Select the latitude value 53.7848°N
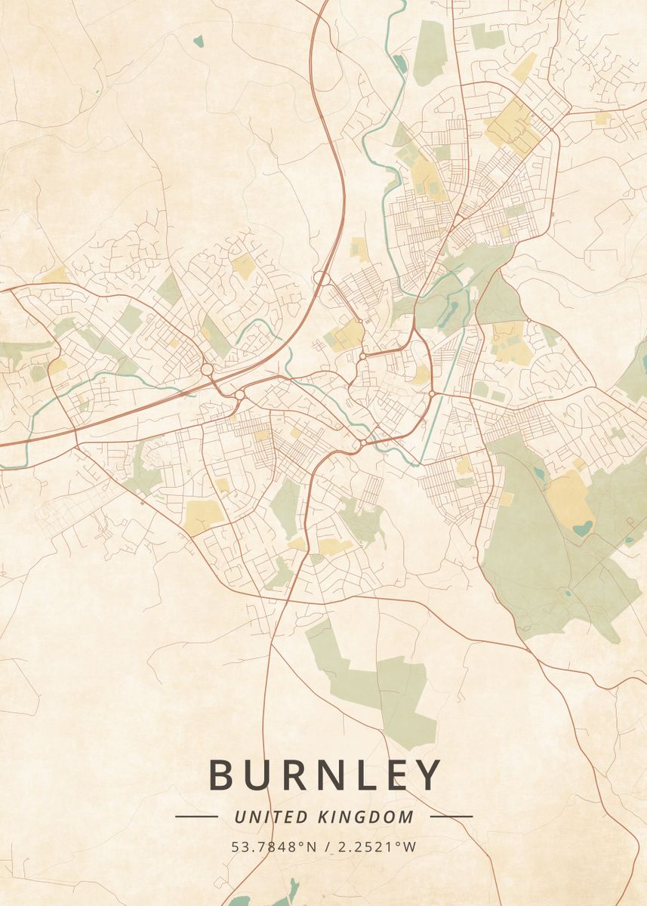[274, 846]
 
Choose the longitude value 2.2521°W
[374, 846]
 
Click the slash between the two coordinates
[327, 846]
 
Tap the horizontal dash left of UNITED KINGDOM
[196, 816]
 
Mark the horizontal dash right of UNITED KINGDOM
[451, 816]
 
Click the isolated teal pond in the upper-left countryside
[198, 42]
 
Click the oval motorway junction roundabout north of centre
[321, 279]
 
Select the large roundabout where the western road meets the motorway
[206, 370]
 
